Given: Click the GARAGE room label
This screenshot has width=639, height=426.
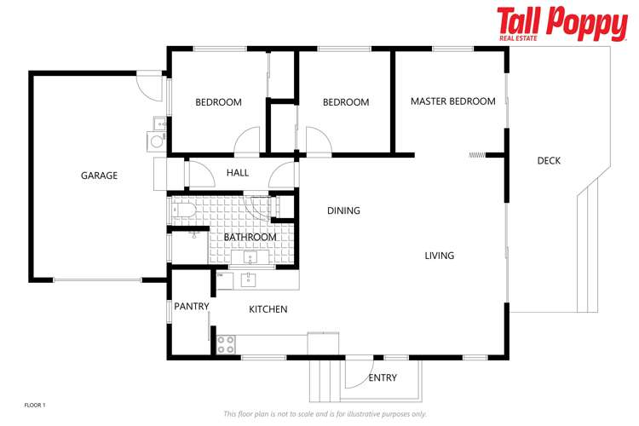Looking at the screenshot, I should [x=99, y=176].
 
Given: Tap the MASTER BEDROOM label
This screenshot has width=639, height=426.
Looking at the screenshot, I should [x=452, y=101].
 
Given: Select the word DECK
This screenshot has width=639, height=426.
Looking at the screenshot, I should [x=550, y=160].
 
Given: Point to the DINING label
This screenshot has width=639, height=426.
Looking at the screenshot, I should [x=343, y=210].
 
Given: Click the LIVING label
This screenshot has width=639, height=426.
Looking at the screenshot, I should [x=440, y=256].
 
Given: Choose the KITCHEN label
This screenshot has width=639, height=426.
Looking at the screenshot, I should [x=268, y=309].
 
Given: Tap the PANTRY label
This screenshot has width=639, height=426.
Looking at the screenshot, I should [x=192, y=307].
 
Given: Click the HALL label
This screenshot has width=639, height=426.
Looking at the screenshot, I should [x=238, y=173].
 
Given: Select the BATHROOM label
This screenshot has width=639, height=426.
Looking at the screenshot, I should [x=250, y=237].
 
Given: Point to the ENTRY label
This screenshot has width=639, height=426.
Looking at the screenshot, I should [x=383, y=378].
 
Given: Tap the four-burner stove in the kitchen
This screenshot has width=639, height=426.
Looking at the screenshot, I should [x=226, y=344].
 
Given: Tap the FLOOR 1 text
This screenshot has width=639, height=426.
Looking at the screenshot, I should [x=35, y=405].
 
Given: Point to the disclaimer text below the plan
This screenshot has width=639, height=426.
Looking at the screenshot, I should [x=325, y=414].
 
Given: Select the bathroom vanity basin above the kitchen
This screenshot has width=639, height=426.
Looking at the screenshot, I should [x=250, y=258].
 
